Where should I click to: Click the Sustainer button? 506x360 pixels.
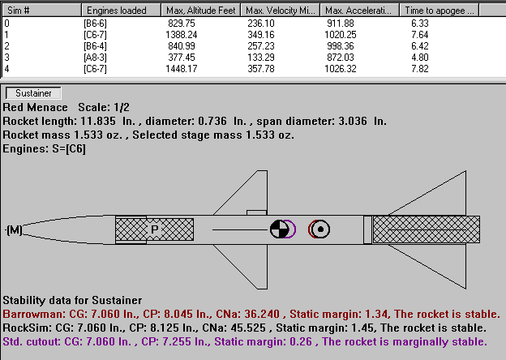(x=33, y=93)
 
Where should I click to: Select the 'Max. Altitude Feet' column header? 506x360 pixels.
(x=201, y=11)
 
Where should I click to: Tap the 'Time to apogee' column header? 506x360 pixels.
(x=439, y=11)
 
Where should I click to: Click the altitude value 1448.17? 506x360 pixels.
(x=182, y=69)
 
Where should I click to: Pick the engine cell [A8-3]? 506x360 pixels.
(x=95, y=58)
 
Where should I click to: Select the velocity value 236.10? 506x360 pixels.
(x=261, y=24)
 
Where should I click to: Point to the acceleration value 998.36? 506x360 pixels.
(x=340, y=46)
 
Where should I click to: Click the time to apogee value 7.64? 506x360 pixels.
(x=419, y=35)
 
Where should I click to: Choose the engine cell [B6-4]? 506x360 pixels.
(x=95, y=46)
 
